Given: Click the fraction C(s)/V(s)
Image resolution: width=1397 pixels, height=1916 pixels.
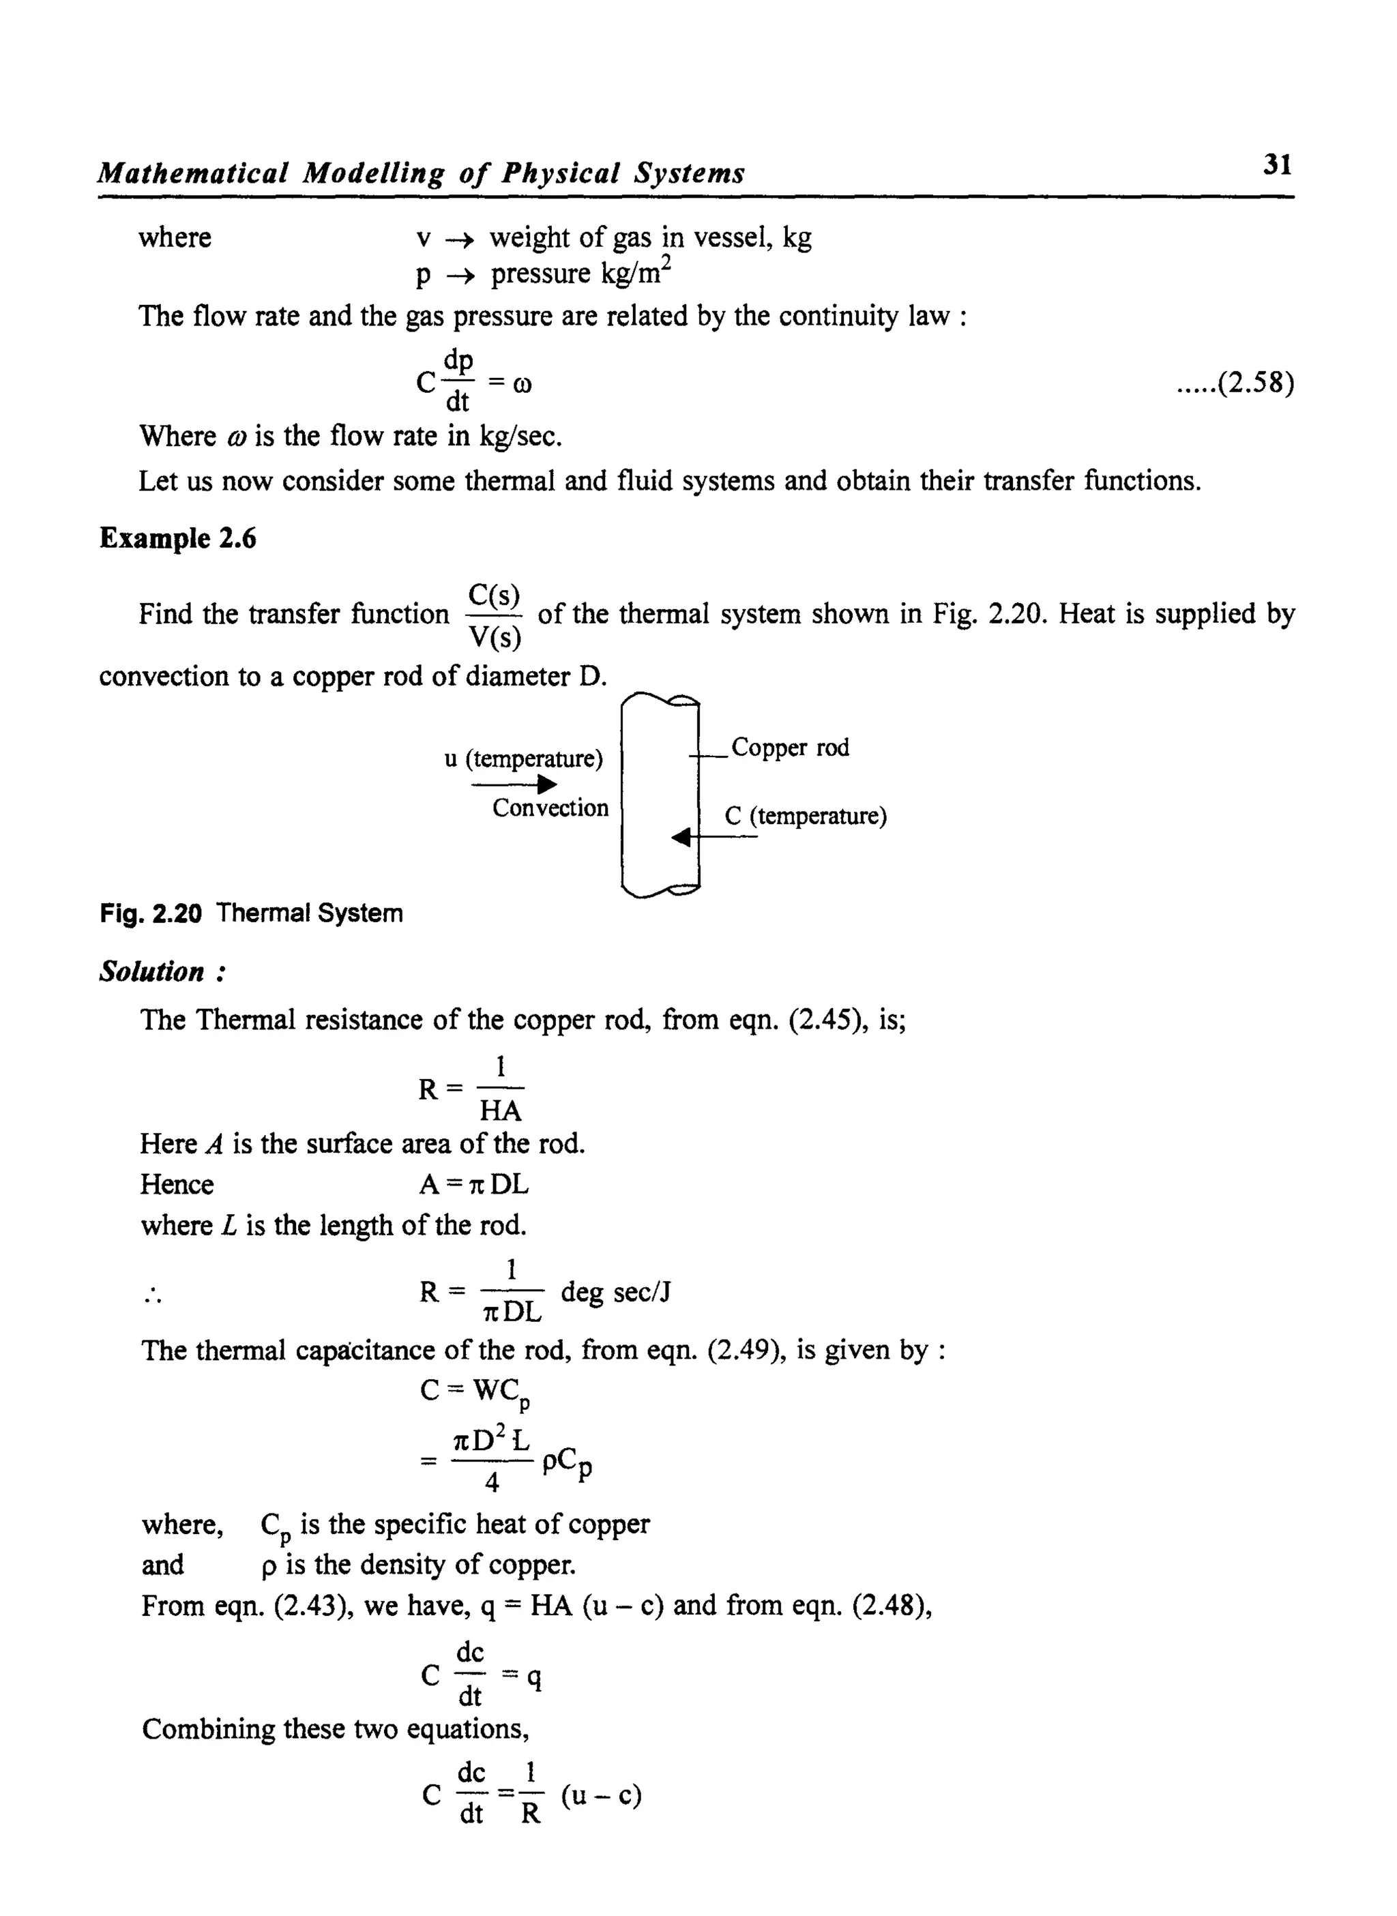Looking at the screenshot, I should click(x=494, y=615).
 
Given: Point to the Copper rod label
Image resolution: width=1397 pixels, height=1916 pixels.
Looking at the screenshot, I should click(x=790, y=748).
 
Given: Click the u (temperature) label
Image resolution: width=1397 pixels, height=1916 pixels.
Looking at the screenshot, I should click(x=523, y=758).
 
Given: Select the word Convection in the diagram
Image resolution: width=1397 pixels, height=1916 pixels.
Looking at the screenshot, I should click(x=550, y=808).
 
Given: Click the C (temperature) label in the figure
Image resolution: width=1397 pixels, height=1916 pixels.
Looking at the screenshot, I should click(x=805, y=816).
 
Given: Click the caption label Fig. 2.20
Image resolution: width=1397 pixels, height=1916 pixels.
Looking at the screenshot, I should click(x=151, y=913).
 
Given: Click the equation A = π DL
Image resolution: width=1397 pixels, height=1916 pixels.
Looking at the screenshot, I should click(x=473, y=1185).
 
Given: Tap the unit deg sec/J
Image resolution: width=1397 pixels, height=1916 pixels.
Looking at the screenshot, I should click(x=616, y=1292).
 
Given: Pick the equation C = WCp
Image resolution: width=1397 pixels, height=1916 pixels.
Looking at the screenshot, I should click(x=475, y=1391).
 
